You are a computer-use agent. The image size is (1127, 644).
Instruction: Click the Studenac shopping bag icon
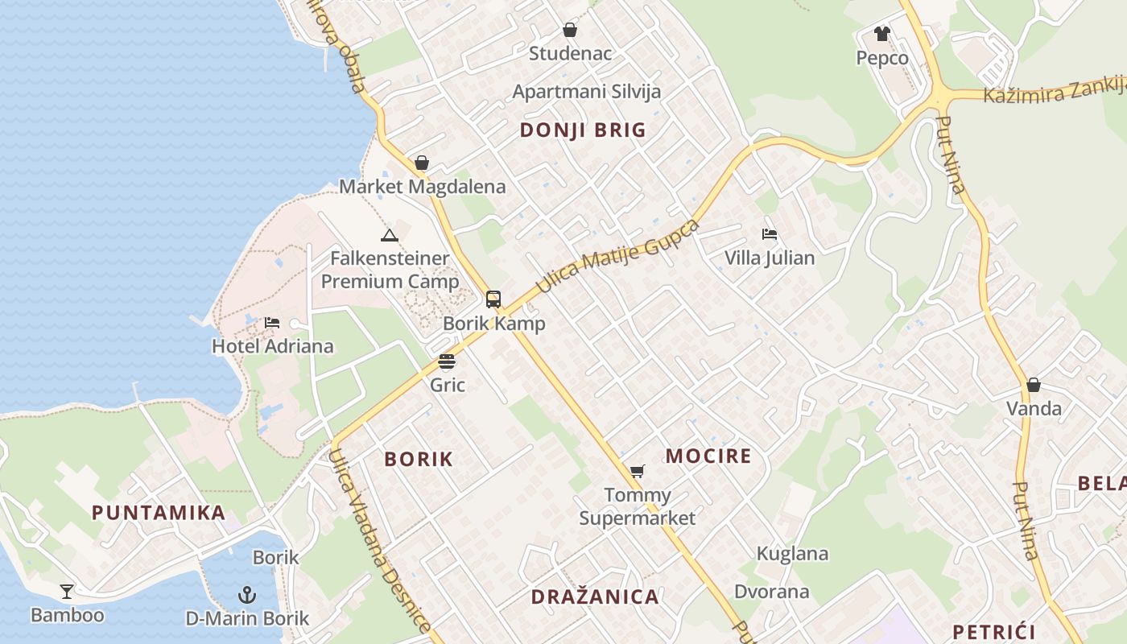click(x=570, y=31)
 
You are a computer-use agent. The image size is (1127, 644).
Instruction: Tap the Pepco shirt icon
click(x=882, y=34)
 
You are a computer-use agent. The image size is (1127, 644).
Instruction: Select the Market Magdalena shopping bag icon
click(x=421, y=163)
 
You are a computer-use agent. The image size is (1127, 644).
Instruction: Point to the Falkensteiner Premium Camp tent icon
click(x=390, y=235)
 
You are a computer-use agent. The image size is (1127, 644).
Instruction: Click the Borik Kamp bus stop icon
click(x=493, y=299)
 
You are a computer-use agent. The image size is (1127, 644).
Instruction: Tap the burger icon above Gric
click(x=447, y=361)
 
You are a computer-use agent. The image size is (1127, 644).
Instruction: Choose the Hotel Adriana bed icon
click(x=272, y=323)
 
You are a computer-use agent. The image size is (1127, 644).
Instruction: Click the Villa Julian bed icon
click(x=770, y=234)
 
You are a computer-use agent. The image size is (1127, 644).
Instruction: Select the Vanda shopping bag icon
click(x=1034, y=385)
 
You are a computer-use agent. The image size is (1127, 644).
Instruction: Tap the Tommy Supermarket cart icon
click(x=638, y=471)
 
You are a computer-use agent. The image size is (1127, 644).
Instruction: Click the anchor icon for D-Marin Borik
click(x=247, y=595)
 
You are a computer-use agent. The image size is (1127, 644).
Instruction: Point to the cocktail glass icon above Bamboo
click(x=67, y=592)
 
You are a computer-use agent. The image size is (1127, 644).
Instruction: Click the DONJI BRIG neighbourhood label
click(x=583, y=130)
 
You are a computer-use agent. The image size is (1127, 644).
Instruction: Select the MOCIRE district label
click(x=708, y=456)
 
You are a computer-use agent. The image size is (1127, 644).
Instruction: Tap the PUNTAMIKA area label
click(x=158, y=513)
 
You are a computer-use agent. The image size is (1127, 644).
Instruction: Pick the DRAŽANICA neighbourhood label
click(x=595, y=597)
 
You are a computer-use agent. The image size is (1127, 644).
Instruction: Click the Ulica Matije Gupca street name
click(x=617, y=255)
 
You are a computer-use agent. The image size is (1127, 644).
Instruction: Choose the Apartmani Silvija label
click(x=587, y=91)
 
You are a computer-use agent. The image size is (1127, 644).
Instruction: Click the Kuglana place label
click(x=792, y=554)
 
